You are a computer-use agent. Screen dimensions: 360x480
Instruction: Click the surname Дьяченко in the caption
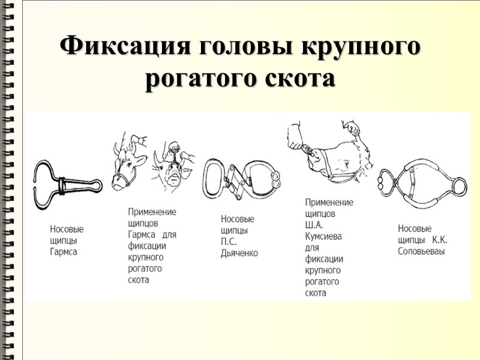tap(239, 253)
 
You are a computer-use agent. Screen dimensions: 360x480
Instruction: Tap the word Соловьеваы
tap(422, 251)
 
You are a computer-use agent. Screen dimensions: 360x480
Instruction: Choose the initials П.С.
tap(229, 242)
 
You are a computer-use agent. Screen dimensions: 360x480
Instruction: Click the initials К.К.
tap(440, 240)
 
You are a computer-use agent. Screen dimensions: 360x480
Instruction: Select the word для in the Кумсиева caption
tap(312, 248)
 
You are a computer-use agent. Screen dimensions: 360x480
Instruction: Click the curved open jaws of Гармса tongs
tap(46, 184)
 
